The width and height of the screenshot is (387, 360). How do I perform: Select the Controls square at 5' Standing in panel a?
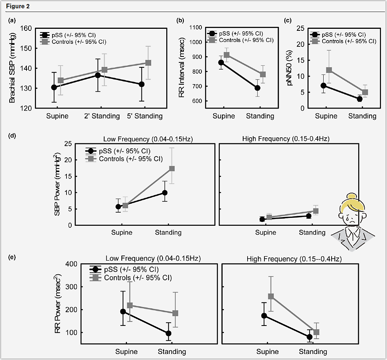[148, 63]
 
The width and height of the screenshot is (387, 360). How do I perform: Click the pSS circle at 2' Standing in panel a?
[97, 75]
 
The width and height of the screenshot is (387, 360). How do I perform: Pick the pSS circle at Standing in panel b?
[257, 88]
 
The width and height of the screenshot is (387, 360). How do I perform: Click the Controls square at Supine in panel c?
[329, 70]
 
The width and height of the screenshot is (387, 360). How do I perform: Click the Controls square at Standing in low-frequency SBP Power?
[172, 168]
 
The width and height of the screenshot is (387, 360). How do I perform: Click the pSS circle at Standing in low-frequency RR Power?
[168, 333]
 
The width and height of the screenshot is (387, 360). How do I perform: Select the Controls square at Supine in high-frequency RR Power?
[271, 297]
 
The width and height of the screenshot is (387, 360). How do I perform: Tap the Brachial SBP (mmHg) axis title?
[12, 68]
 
